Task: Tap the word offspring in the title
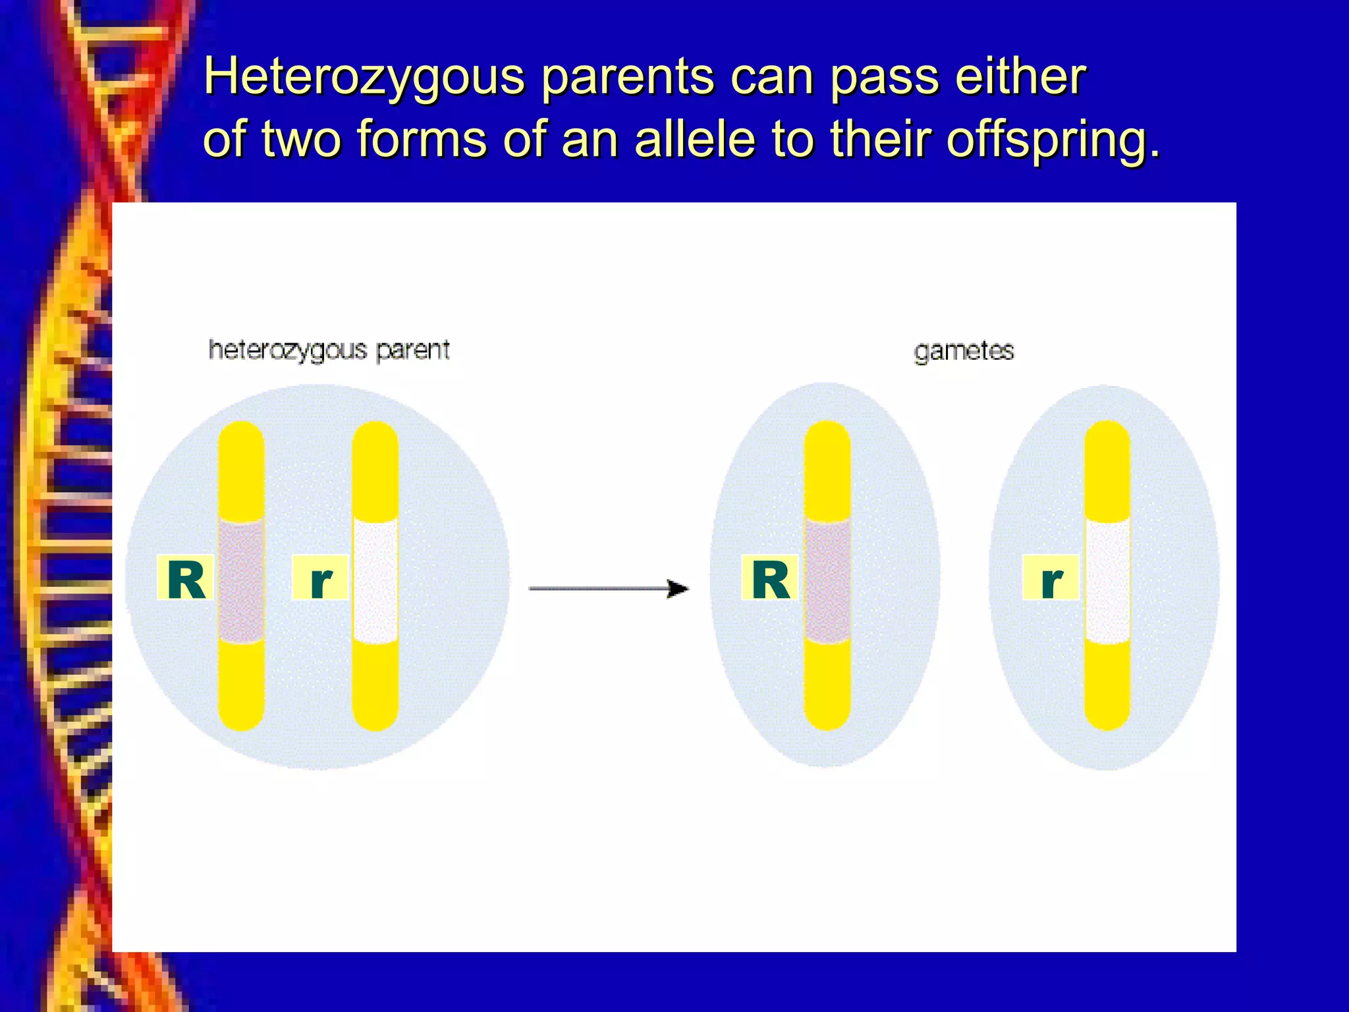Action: point(1052,140)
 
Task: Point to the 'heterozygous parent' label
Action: point(329,351)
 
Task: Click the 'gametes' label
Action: point(964,351)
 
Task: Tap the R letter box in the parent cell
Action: point(186,578)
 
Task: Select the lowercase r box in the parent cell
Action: point(320,578)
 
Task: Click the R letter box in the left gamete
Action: point(770,578)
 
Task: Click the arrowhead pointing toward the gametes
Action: point(678,588)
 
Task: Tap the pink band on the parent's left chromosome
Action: point(241,580)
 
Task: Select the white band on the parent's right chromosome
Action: point(375,580)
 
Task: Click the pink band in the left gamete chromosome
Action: point(827,580)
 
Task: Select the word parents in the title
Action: point(628,78)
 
